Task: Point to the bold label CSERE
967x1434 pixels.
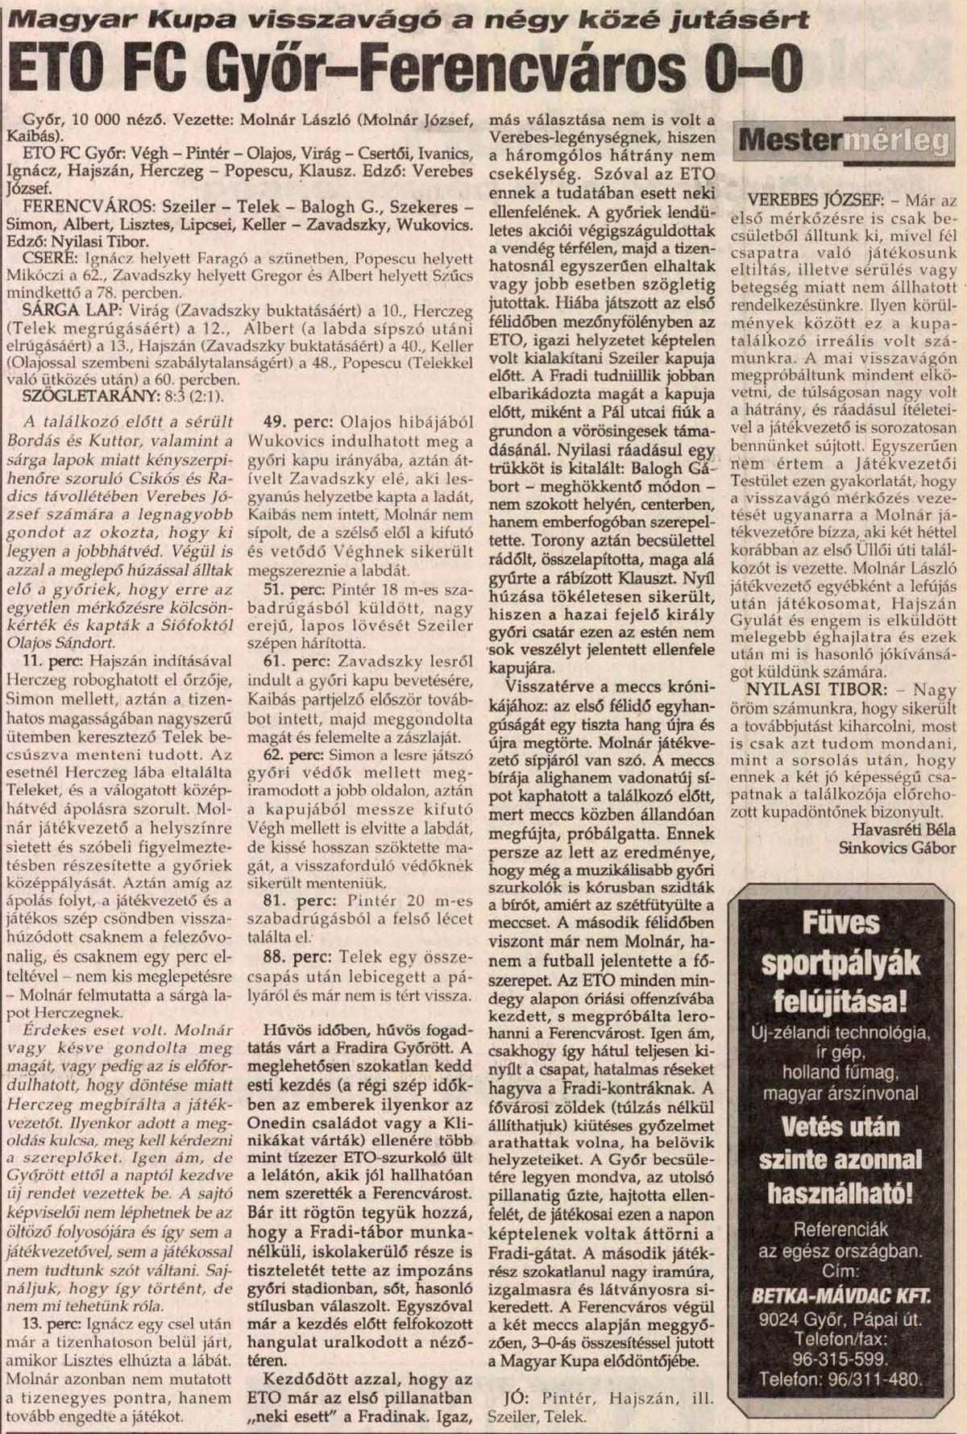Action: (x=45, y=258)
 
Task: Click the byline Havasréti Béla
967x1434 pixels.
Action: (x=903, y=829)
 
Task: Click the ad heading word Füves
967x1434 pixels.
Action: (x=841, y=921)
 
